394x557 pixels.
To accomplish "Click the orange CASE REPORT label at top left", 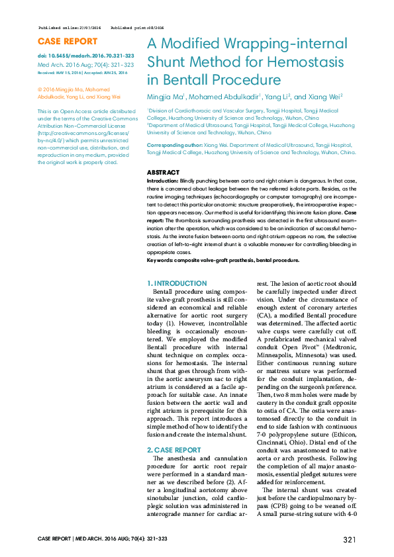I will point(68,42).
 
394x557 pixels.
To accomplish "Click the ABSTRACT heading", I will point(162,173).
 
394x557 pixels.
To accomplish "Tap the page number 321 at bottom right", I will point(350,540).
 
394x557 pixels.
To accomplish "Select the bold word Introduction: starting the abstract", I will point(162,180).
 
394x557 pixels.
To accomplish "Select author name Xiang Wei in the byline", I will point(327,97).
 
